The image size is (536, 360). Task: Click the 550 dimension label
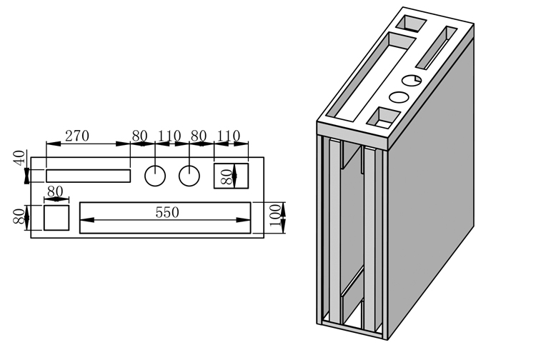tap(167, 212)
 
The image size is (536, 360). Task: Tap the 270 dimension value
tap(77, 136)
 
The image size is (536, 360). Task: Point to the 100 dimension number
tap(275, 215)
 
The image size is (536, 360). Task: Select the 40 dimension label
tap(19, 158)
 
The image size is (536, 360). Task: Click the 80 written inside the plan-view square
tap(227, 177)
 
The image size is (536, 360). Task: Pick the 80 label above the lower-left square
tap(55, 191)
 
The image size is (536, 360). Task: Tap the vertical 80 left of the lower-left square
tap(19, 216)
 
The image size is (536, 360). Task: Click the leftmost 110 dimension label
tap(169, 136)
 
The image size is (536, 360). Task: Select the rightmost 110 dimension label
tap(229, 136)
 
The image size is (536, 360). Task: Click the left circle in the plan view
tap(155, 176)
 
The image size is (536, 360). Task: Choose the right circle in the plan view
tap(189, 176)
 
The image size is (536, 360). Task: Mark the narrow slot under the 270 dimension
tap(88, 176)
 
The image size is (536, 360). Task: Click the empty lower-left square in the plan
tap(56, 218)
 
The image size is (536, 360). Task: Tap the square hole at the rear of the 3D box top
tap(411, 24)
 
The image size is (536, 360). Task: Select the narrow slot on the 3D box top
tap(436, 48)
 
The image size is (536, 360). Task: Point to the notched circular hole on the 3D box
tap(412, 80)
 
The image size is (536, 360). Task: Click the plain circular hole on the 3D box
tap(399, 97)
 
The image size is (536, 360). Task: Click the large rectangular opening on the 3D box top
tap(370, 77)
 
